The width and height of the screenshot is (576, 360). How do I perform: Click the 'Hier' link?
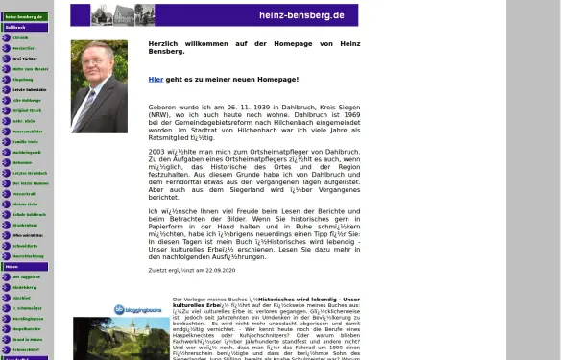click(156, 80)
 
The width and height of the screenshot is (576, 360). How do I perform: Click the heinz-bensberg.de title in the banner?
click(300, 15)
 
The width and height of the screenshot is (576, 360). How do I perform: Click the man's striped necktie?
click(92, 107)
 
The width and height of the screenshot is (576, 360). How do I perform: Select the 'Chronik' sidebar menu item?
click(21, 38)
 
